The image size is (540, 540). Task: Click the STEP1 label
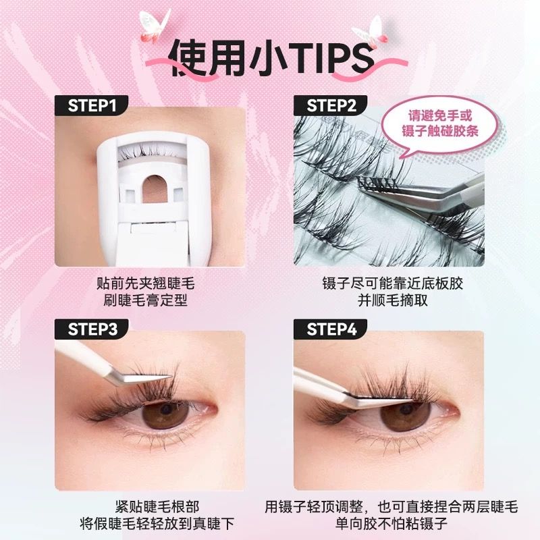[92, 105]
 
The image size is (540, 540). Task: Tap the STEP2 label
[331, 105]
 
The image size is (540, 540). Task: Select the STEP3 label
[92, 329]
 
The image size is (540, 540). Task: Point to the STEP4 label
[331, 329]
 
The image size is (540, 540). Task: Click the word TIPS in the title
[331, 59]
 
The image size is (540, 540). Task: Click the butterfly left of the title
[155, 25]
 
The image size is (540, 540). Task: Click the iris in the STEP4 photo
[406, 415]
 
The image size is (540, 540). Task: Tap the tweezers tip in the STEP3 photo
[171, 377]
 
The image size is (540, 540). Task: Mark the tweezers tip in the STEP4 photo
[412, 400]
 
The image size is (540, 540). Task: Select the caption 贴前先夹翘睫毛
[145, 283]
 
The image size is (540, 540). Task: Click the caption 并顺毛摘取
[393, 300]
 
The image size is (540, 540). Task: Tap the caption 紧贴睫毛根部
[157, 507]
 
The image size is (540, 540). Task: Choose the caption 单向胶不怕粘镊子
[391, 524]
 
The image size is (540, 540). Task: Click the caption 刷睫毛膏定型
[145, 300]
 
